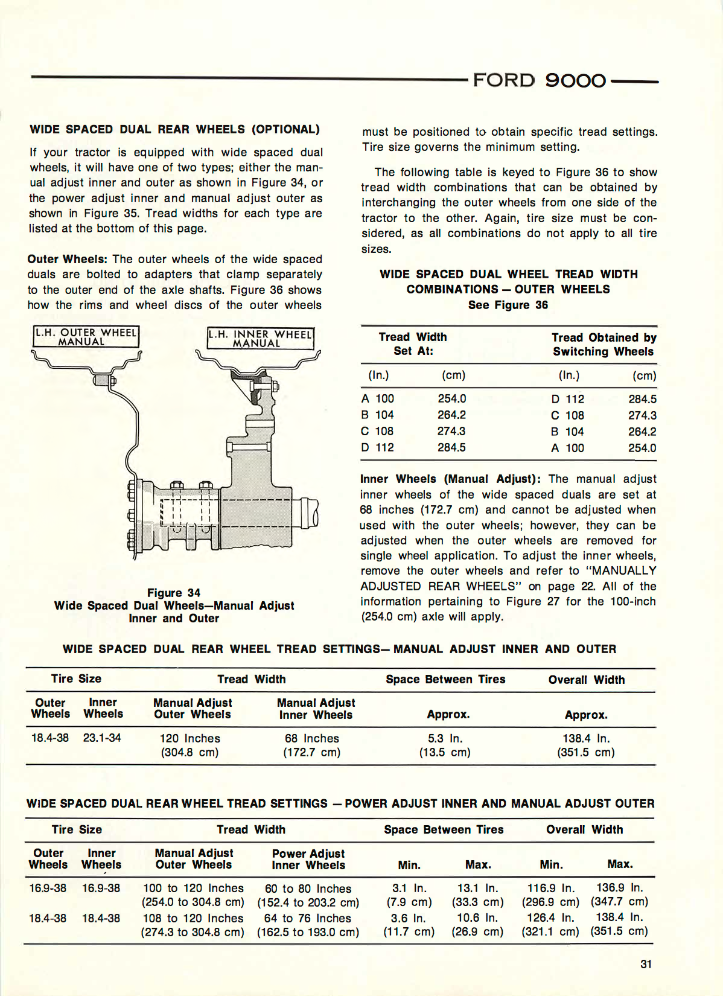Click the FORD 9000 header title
539,80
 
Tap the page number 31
646,964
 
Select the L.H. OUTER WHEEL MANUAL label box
86,337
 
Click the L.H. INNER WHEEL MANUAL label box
260,339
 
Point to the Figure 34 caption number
174,593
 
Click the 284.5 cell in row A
642,399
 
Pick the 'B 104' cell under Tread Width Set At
378,415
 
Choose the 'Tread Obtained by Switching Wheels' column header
604,344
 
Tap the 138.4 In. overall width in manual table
586,738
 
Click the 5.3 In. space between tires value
445,738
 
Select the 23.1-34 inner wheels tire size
102,738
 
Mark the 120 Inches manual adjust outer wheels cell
190,738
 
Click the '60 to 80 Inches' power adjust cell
308,889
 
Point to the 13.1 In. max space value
477,888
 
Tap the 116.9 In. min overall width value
550,888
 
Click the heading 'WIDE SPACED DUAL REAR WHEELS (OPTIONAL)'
174,129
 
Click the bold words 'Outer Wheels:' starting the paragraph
67,259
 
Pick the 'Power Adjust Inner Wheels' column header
308,859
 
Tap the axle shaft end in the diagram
310,512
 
